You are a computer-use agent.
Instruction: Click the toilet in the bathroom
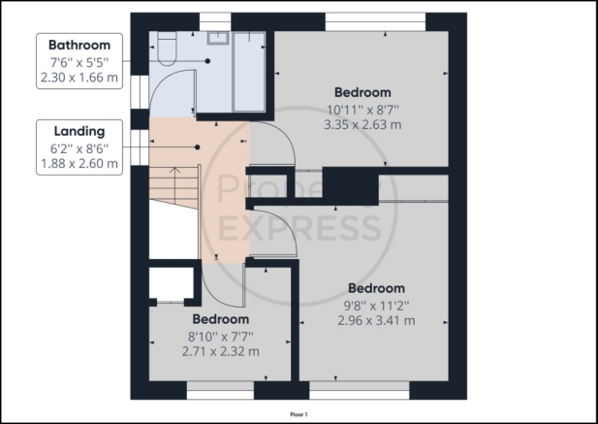pos(167,49)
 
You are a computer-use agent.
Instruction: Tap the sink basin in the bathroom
pos(218,38)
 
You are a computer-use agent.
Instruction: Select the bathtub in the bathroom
pos(249,72)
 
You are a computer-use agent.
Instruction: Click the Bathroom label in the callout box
pos(79,45)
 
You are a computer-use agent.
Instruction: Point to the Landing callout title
pos(79,131)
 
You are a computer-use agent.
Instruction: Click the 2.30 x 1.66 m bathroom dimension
pos(79,78)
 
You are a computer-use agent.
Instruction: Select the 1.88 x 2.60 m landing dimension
pos(79,164)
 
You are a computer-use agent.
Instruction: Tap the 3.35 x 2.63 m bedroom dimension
pos(362,125)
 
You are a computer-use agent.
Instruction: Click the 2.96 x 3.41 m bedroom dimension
pos(376,320)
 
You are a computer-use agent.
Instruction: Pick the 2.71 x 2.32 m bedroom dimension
pos(220,351)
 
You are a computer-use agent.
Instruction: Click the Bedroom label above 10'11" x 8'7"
pos(362,92)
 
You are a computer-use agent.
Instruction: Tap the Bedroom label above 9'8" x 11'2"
pos(376,288)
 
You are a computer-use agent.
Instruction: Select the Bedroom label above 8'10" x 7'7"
pos(220,319)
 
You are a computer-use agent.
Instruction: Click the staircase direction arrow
pos(174,185)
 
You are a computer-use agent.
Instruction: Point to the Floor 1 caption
pos(299,414)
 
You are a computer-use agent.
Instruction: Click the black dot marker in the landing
pos(197,147)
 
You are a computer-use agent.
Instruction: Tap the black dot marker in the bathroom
pos(207,61)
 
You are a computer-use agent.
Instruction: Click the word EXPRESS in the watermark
pos(300,227)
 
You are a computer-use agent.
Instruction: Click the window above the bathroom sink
pos(215,21)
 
